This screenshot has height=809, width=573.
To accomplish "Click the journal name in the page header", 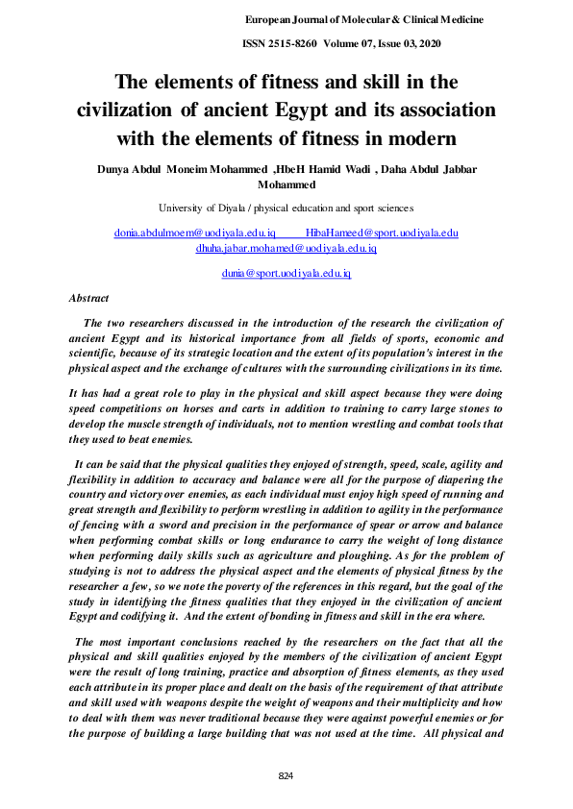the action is [x=363, y=19].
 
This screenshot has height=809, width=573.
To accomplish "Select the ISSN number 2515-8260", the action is [x=290, y=43].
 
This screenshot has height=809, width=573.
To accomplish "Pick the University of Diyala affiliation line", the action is [x=286, y=207].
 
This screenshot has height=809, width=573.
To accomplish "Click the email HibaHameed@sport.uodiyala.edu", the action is [x=381, y=233].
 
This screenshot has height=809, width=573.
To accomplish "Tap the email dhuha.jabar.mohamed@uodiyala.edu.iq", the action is [x=286, y=248].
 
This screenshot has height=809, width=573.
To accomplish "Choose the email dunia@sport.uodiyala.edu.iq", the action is [x=286, y=274].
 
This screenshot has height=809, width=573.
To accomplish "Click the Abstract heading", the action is [x=88, y=299].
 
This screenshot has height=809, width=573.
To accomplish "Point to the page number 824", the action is [x=286, y=775].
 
